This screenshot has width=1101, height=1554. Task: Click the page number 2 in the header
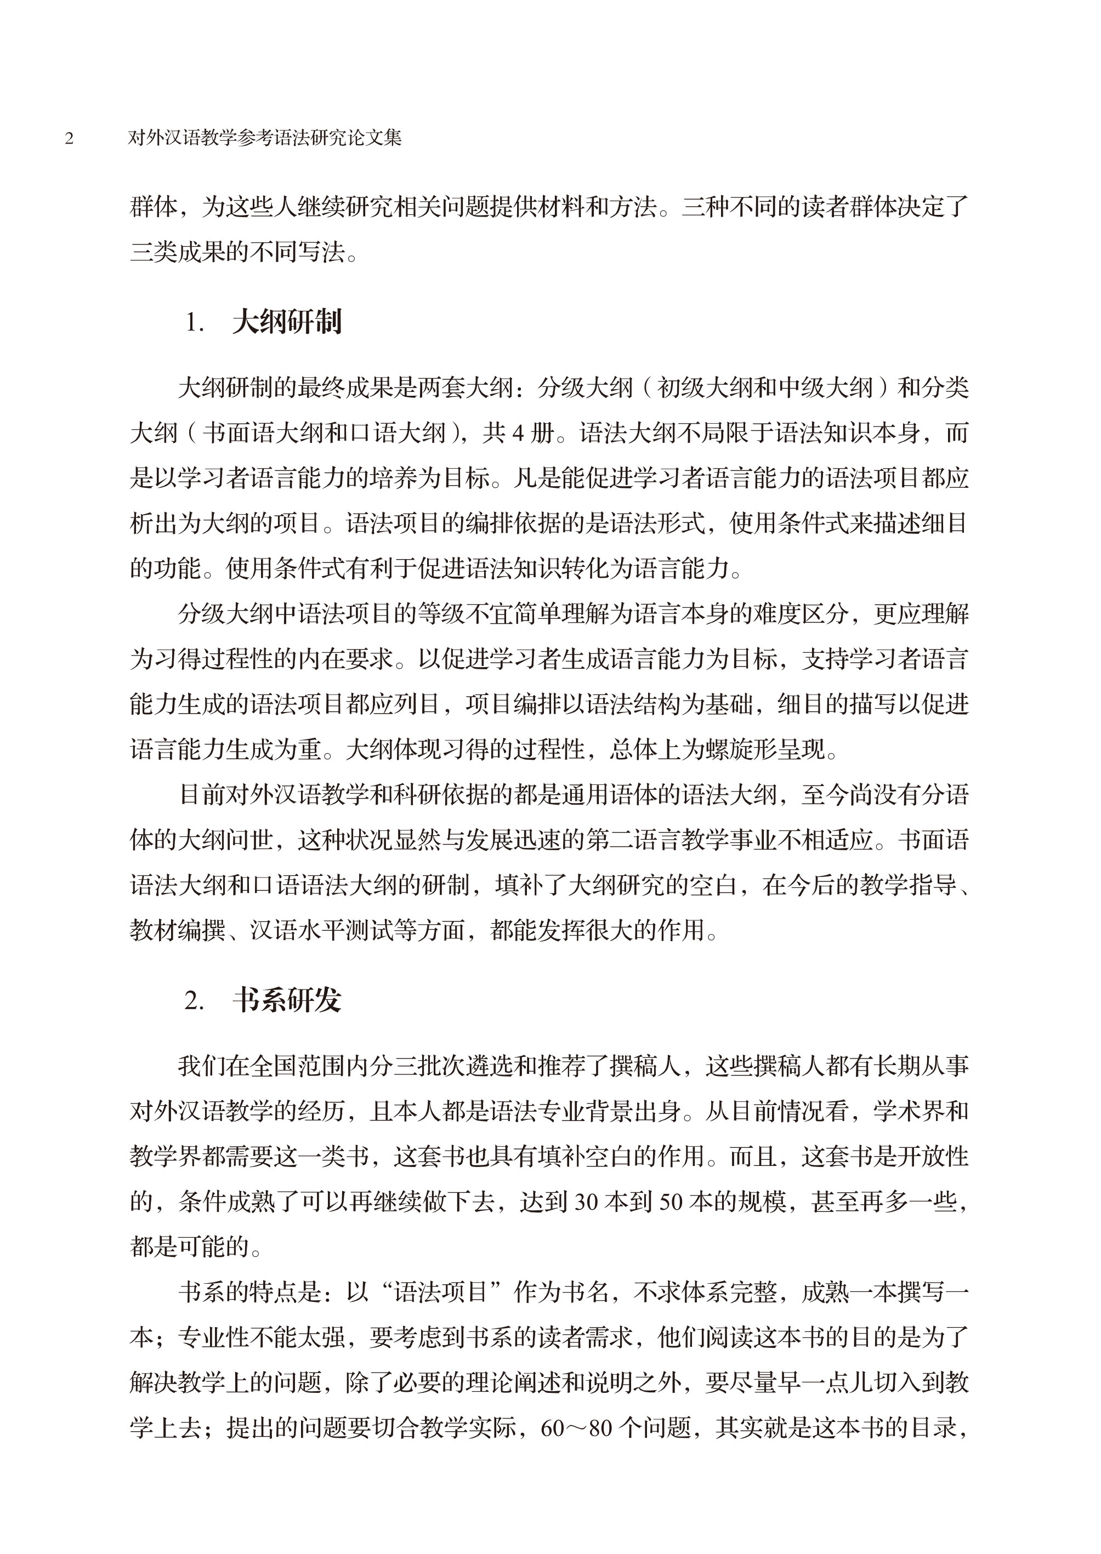click(x=69, y=139)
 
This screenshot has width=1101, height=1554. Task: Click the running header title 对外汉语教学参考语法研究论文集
click(x=265, y=138)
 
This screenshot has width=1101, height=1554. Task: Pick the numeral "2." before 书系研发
click(x=195, y=1001)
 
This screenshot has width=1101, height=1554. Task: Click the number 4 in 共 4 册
click(x=519, y=433)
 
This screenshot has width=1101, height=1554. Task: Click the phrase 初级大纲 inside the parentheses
click(x=706, y=388)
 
